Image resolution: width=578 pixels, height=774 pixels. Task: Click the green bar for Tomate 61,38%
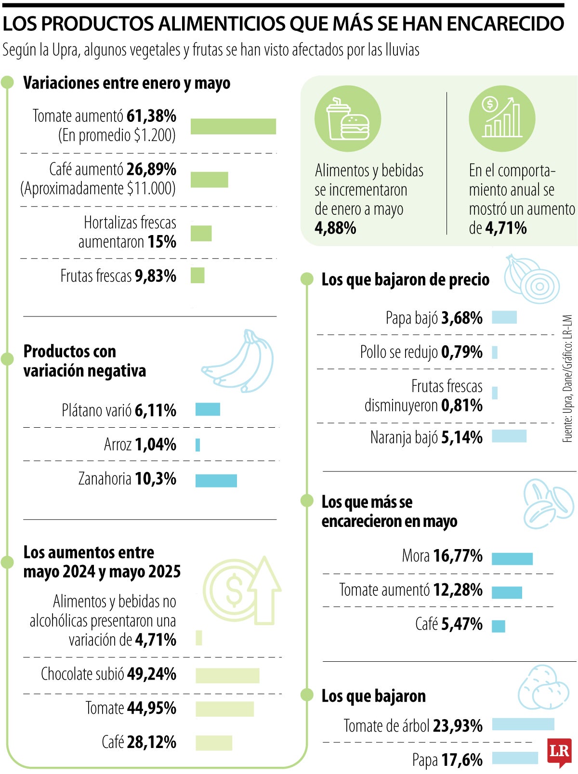[233, 126]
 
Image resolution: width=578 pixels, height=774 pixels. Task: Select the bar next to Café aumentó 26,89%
[209, 180]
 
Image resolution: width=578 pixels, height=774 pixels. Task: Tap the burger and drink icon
[347, 119]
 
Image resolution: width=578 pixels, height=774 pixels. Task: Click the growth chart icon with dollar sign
[502, 118]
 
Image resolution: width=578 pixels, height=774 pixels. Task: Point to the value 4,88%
[335, 228]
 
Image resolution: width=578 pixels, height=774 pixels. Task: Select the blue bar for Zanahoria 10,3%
[216, 480]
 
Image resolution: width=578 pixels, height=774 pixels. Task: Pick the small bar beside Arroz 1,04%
[197, 445]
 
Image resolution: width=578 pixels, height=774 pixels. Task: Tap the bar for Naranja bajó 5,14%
[509, 436]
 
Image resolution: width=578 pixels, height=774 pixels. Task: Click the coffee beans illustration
[548, 504]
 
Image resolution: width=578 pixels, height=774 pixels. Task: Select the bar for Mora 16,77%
[512, 558]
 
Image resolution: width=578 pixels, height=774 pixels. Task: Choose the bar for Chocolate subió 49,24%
[227, 675]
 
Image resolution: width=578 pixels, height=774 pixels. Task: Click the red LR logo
[559, 752]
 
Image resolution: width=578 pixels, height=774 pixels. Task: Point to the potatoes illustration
[543, 688]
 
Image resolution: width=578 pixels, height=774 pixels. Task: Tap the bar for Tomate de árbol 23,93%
[523, 724]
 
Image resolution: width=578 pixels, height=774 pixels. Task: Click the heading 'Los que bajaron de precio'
[405, 280]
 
